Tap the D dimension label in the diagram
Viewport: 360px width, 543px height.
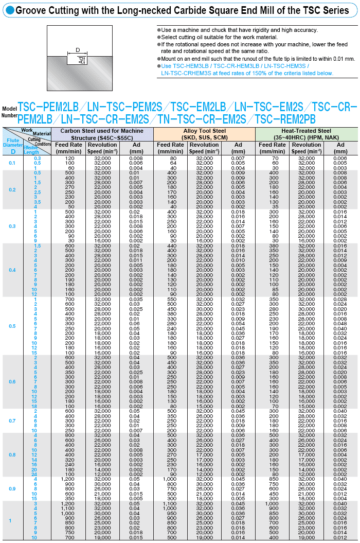pos(78,50)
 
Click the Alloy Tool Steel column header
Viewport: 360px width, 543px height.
pos(205,134)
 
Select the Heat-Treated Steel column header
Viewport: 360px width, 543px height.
pos(307,134)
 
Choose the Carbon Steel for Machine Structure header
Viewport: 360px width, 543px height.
pos(102,134)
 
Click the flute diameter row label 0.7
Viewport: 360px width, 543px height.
pos(12,421)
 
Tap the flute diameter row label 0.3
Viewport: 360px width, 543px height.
pos(12,226)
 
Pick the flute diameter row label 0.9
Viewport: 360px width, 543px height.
pos(12,488)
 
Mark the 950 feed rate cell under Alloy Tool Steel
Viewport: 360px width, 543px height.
pos(171,513)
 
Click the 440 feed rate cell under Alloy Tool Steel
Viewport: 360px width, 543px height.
pos(171,246)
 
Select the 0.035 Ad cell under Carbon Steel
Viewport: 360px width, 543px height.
pos(136,299)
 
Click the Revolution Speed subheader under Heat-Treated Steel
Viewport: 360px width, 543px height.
pos(306,148)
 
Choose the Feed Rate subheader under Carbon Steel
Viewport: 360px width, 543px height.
pos(69,148)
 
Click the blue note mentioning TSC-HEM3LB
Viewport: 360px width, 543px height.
pos(247,69)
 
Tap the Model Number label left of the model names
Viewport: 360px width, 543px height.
pos(9,112)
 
